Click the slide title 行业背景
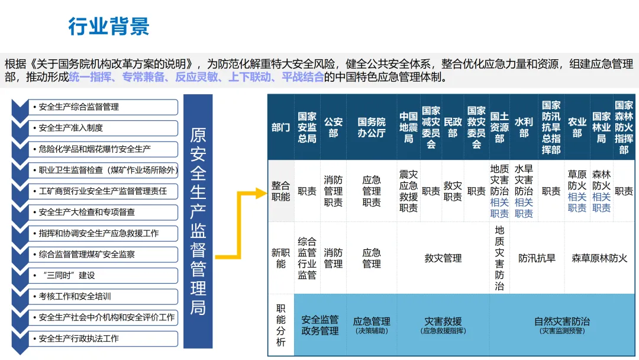(x=109, y=26)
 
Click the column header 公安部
(x=333, y=127)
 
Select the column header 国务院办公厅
(x=371, y=127)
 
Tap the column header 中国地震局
(x=408, y=127)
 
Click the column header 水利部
(x=524, y=127)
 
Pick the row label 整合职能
(x=280, y=191)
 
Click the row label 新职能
(x=280, y=258)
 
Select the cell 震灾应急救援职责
(x=408, y=191)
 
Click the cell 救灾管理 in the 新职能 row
(x=443, y=258)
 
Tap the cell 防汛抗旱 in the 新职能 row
(x=537, y=258)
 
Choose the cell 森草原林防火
(x=599, y=258)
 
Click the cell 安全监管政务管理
(x=320, y=325)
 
